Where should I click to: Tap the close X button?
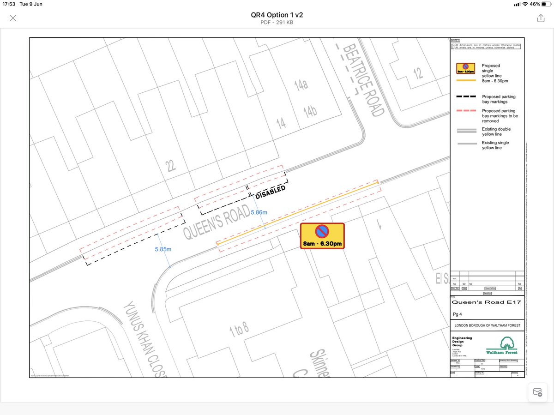(x=13, y=18)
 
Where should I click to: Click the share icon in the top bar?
(x=541, y=18)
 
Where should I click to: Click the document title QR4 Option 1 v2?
(x=277, y=15)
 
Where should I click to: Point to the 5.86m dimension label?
(x=259, y=212)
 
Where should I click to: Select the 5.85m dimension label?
(x=163, y=249)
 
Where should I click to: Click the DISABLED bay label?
(x=271, y=192)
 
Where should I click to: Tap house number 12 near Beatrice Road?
(x=418, y=72)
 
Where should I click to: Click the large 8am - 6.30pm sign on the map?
(x=323, y=236)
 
